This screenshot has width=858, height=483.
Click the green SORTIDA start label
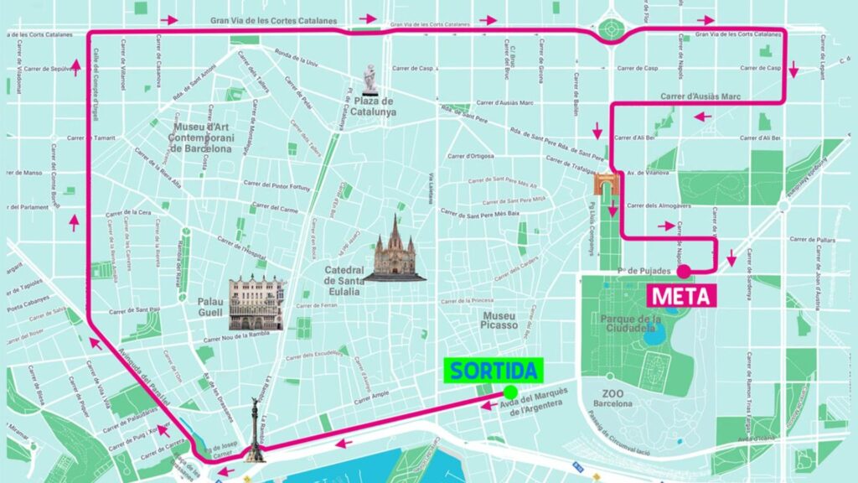[x=494, y=370]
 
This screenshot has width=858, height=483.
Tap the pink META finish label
[x=680, y=296]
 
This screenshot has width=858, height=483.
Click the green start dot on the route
[x=509, y=392]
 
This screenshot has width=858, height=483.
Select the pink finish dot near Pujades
[x=684, y=271]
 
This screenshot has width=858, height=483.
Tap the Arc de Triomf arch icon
[x=605, y=184]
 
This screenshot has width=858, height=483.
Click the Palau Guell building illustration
[x=256, y=302]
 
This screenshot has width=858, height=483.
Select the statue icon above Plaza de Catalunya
[x=370, y=80]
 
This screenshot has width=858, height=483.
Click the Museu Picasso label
[x=499, y=319]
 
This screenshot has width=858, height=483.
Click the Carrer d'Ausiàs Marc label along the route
[x=700, y=96]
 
